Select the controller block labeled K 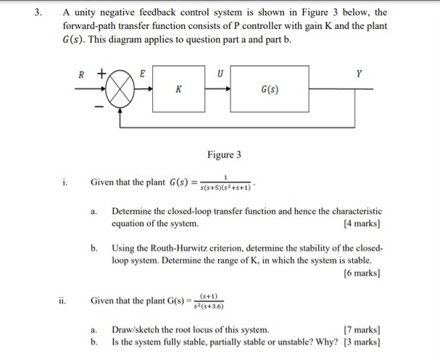(178, 89)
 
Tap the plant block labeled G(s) (269, 90)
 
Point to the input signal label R (81, 74)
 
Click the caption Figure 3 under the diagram (224, 155)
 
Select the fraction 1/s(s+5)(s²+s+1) (225, 183)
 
